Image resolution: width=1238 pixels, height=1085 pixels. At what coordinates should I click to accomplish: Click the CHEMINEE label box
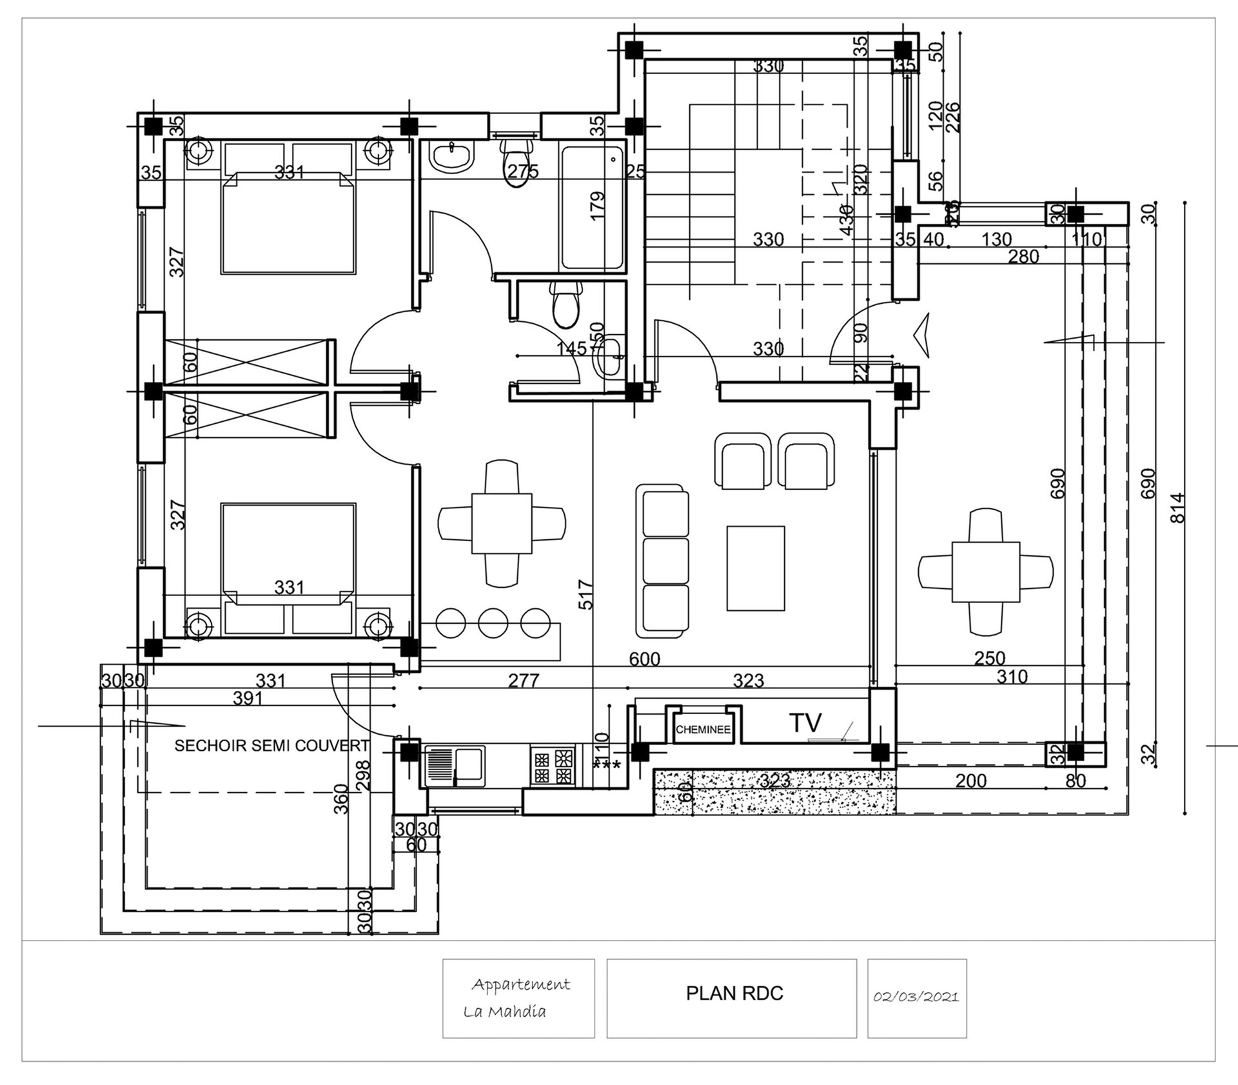click(x=703, y=730)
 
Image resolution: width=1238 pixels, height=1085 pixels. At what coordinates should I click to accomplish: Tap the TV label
click(x=805, y=723)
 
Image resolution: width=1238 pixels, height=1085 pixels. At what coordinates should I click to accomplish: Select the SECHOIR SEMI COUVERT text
click(x=272, y=746)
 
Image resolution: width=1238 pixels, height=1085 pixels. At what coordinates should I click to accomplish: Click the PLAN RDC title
click(x=734, y=993)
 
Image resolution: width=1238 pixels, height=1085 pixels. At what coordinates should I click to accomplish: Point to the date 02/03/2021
click(x=916, y=997)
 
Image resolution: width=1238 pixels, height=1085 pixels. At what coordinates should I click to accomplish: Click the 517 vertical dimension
click(x=585, y=594)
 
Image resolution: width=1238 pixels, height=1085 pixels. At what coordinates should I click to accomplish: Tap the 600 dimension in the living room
click(x=644, y=659)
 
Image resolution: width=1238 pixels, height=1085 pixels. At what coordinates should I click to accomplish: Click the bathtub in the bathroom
click(x=592, y=208)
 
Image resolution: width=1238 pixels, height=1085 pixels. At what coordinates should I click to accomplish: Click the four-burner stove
click(x=552, y=766)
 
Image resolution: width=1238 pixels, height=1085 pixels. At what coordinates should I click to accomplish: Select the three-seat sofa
click(x=663, y=560)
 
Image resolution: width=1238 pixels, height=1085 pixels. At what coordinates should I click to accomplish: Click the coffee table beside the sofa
click(x=756, y=568)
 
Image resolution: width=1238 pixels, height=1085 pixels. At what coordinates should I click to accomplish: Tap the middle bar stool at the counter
click(x=494, y=622)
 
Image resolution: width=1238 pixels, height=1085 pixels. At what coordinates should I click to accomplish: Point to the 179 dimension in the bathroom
click(x=597, y=206)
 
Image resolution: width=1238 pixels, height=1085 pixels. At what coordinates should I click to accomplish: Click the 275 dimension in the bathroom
click(x=522, y=172)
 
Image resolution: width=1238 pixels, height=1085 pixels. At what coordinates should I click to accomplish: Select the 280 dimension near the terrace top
click(x=1023, y=257)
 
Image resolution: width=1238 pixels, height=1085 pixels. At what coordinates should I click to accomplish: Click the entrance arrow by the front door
click(x=923, y=335)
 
